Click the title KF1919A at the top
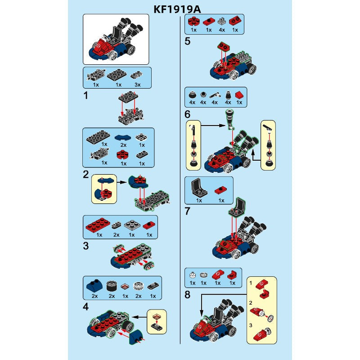pyautogui.click(x=177, y=9)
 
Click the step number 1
pyautogui.click(x=86, y=95)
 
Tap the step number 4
pyautogui.click(x=86, y=307)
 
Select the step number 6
pyautogui.click(x=188, y=114)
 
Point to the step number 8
pyautogui.click(x=188, y=295)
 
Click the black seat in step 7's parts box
pyautogui.click(x=198, y=187)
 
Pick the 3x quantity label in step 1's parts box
pyautogui.click(x=138, y=85)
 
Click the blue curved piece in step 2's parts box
pyautogui.click(x=123, y=138)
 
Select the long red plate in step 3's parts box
pyautogui.click(x=98, y=225)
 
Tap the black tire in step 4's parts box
pyautogui.click(x=112, y=287)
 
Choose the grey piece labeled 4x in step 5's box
pyautogui.click(x=222, y=22)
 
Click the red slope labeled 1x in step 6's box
pyautogui.click(x=239, y=95)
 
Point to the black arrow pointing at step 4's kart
pyautogui.click(x=139, y=317)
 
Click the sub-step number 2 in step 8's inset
pyautogui.click(x=251, y=303)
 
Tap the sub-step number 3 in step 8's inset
pyautogui.click(x=251, y=325)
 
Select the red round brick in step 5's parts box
pyautogui.click(x=194, y=22)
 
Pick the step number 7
pyautogui.click(x=188, y=211)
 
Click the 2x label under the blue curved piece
pyautogui.click(x=123, y=145)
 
